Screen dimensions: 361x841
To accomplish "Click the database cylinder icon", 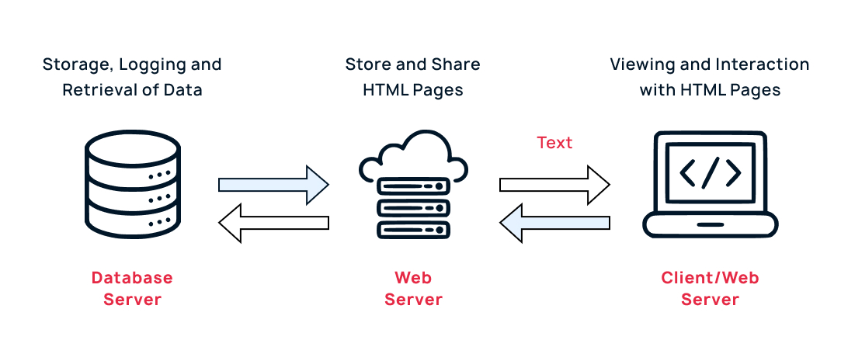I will point(131,184).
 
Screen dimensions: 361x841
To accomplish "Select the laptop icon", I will point(710,185).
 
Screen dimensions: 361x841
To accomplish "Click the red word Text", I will point(554,143).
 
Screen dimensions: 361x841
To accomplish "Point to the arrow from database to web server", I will point(273,184).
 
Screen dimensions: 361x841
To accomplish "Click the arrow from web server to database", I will point(273,224).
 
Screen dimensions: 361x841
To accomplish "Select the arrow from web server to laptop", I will point(554,184).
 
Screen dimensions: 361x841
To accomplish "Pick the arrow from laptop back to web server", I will point(554,224).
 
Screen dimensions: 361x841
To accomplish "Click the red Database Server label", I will point(131,288).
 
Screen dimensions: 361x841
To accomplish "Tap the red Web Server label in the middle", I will point(413,288).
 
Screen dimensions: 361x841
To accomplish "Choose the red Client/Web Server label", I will point(710,288).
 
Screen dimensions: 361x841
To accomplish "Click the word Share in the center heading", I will point(455,64).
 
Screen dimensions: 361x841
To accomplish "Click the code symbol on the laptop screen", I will point(710,173).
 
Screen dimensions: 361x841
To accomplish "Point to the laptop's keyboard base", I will point(710,227).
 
